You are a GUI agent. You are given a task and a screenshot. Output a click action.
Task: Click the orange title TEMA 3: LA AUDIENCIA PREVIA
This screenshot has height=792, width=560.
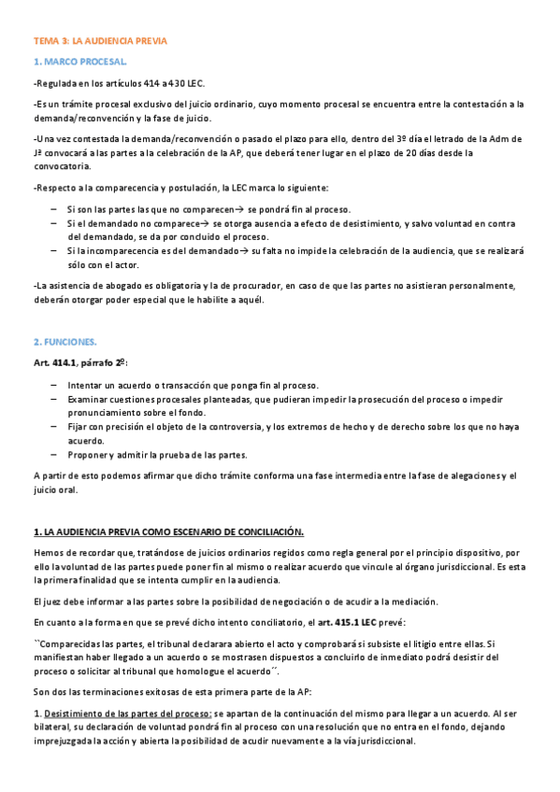pos(100,42)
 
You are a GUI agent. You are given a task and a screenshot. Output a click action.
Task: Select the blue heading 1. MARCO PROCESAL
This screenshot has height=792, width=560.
pos(81,62)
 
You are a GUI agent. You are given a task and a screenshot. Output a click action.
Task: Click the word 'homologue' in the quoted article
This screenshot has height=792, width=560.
pos(199,672)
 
